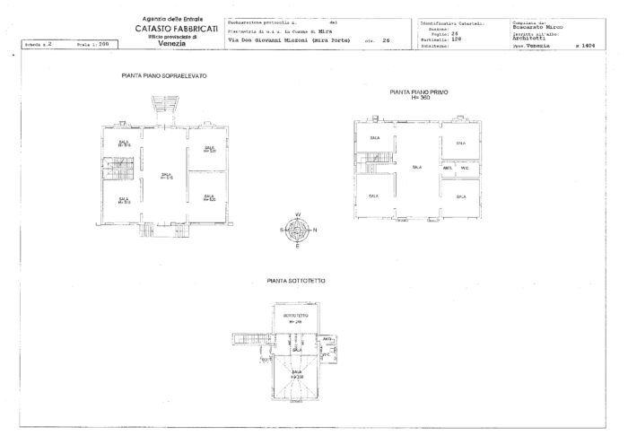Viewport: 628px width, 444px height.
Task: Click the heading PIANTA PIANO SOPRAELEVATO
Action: pyautogui.click(x=163, y=76)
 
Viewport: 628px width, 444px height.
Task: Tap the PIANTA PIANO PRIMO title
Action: pyautogui.click(x=419, y=91)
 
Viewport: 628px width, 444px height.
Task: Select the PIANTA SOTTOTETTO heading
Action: pyautogui.click(x=296, y=281)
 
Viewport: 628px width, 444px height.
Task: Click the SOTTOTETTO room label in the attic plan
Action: pyautogui.click(x=295, y=316)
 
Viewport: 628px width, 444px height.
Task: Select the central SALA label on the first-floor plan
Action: pyautogui.click(x=417, y=167)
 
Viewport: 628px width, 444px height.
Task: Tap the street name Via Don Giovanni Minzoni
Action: pyautogui.click(x=273, y=41)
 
